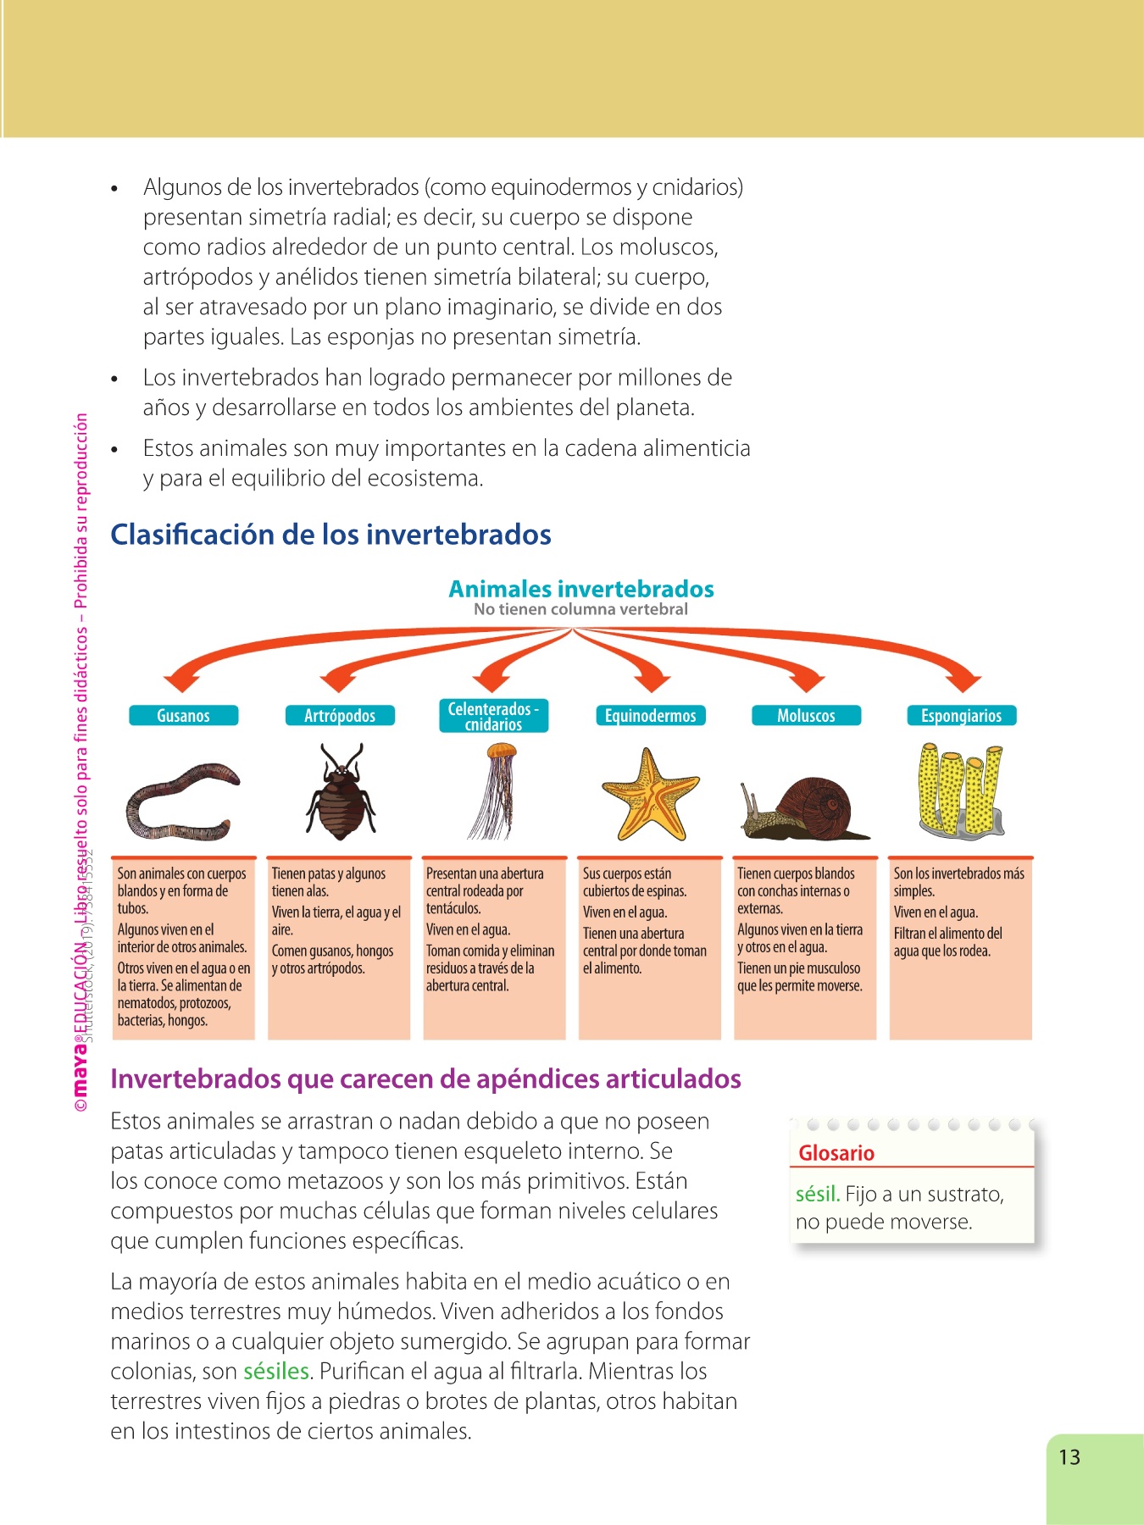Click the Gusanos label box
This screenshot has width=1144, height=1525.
click(x=183, y=716)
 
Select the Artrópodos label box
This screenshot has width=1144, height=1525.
click(x=339, y=716)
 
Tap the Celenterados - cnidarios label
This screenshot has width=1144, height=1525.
click(x=493, y=716)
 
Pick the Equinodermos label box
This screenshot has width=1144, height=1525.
click(x=650, y=716)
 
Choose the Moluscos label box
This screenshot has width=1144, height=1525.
click(x=806, y=716)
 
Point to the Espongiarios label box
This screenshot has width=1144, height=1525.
click(x=961, y=716)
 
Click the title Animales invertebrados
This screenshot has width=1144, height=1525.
click(x=580, y=589)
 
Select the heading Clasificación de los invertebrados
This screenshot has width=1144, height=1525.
click(x=330, y=535)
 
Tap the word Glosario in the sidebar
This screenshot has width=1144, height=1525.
click(x=836, y=1153)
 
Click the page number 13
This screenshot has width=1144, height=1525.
click(x=1069, y=1457)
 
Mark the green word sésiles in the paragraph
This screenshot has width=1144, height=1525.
click(x=276, y=1371)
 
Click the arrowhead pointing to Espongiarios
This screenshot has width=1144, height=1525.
click(x=963, y=681)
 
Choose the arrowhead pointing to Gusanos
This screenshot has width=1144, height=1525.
click(x=181, y=681)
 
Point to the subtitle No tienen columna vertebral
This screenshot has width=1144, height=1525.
click(x=580, y=609)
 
